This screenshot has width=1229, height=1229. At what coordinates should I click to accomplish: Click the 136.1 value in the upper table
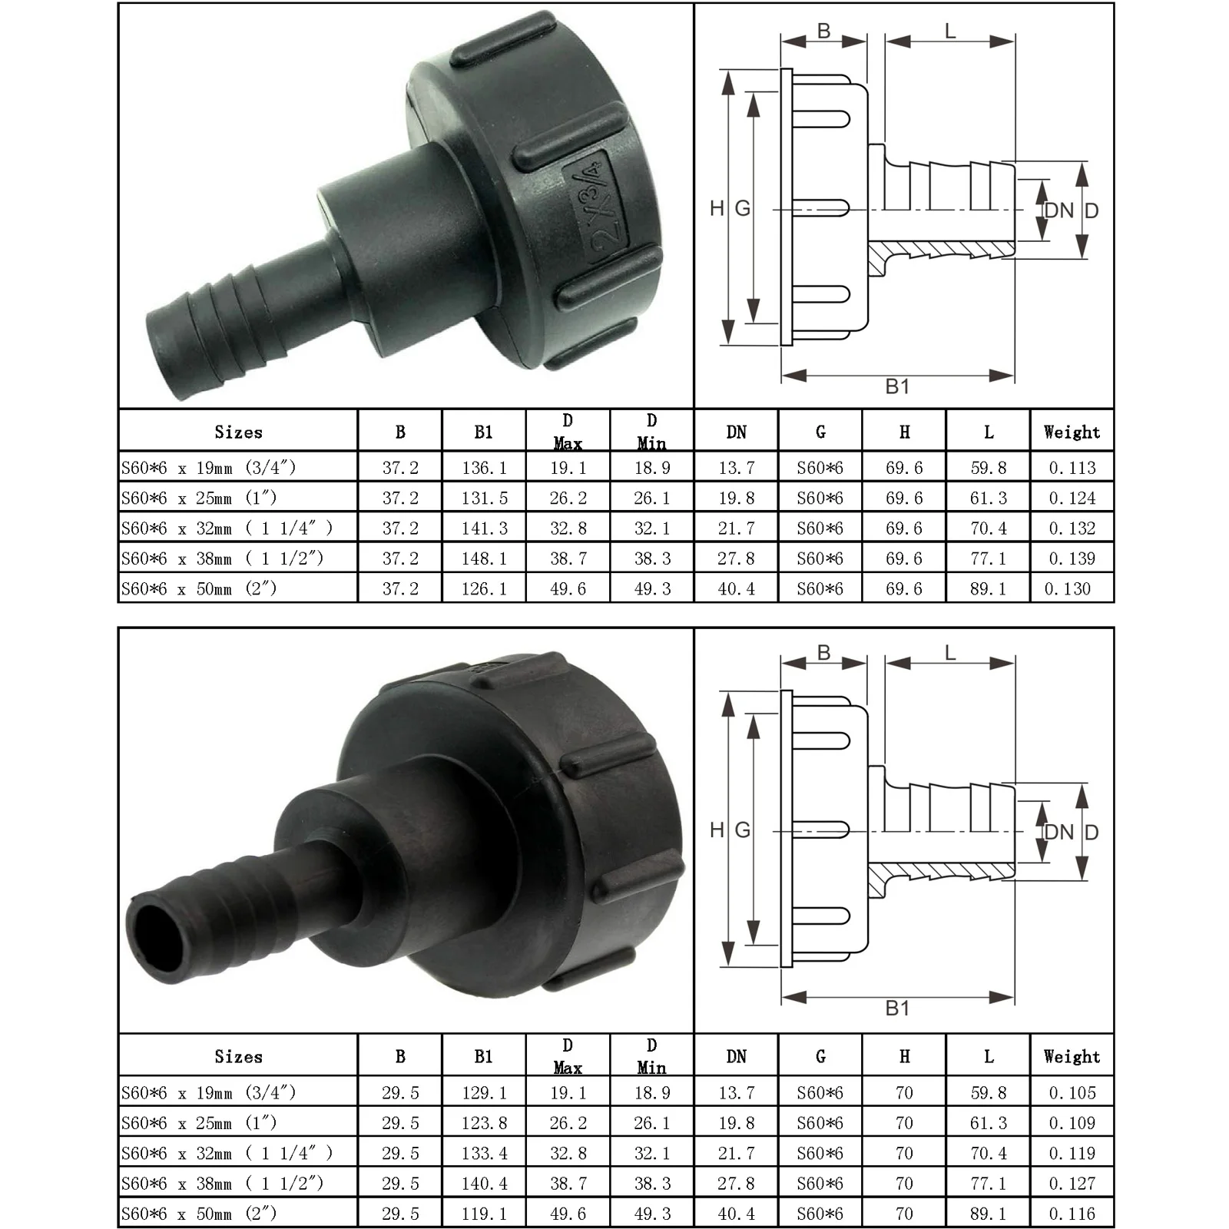[484, 468]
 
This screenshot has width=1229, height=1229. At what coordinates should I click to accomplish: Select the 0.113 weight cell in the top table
[1072, 468]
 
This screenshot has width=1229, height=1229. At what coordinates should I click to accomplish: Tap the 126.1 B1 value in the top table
[484, 589]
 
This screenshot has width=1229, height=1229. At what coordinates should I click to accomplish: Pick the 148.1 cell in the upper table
[484, 558]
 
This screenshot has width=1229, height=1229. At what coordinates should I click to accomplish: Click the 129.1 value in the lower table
[484, 1092]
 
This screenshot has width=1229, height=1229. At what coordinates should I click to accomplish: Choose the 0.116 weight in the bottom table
[1072, 1214]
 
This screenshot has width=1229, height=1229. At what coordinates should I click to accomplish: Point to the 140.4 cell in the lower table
[484, 1184]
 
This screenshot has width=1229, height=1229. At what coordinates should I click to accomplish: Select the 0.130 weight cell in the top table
[1068, 589]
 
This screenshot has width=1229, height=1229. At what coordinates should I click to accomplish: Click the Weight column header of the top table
[1072, 432]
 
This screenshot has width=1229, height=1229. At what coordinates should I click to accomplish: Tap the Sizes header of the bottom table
[238, 1057]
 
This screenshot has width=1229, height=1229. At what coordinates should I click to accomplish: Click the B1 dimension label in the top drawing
[897, 386]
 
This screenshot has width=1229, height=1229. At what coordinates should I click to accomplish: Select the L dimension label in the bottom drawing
[950, 654]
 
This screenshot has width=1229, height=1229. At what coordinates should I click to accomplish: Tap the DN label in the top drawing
[1060, 210]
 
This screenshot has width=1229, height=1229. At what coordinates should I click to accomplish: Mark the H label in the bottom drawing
[717, 830]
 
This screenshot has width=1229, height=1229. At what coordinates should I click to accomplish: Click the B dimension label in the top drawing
[823, 31]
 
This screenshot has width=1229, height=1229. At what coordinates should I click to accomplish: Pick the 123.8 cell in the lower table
[484, 1123]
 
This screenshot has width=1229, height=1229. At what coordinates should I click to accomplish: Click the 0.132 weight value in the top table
[1072, 528]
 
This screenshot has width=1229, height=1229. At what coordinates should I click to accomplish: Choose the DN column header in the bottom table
[736, 1057]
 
